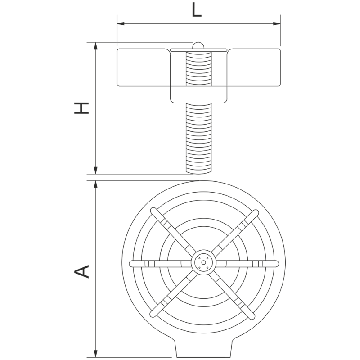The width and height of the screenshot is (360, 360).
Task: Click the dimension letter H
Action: click(81, 108)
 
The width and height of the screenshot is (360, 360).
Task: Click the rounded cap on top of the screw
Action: click(198, 45)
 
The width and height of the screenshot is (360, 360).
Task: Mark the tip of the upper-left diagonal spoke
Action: click(153, 210)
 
